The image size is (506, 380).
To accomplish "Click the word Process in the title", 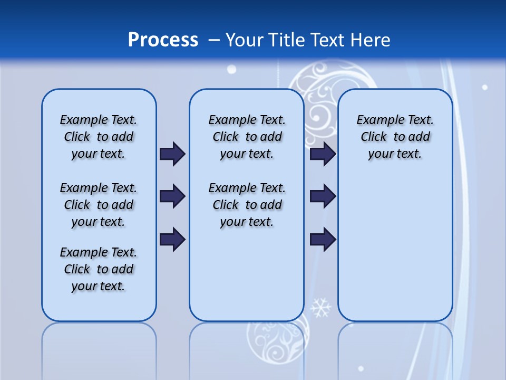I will pos(163,40).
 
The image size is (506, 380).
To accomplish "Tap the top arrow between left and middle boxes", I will pos(172,154).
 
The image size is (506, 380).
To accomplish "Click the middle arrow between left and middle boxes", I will pos(172,196).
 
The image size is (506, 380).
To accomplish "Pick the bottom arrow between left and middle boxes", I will pos(172,240).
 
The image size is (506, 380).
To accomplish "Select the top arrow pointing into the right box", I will pos(323,154).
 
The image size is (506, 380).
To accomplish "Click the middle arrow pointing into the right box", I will pos(323,196).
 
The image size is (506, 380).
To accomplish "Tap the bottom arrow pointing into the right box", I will pos(323,240).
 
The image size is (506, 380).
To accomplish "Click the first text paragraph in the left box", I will pos(99,137).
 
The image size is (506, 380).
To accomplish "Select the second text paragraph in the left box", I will pos(99,205).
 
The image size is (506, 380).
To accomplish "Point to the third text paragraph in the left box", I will pos(99,269).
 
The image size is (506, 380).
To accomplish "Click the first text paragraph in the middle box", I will pos(247,137).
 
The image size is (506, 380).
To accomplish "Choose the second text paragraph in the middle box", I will pos(247,205).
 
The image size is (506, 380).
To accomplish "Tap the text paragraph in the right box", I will pos(395,137).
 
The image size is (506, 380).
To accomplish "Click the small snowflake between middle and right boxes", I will pos(320,307).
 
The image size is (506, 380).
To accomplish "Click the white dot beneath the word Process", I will pos(231,69).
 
